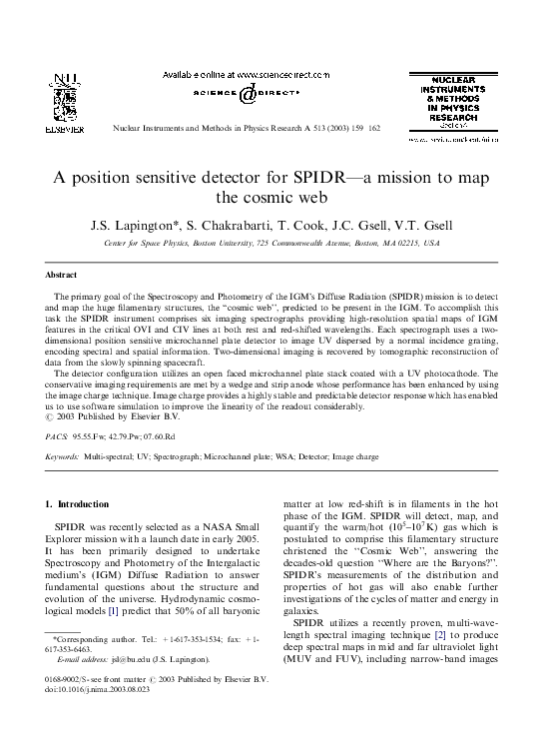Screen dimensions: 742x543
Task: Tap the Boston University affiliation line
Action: (271, 242)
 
